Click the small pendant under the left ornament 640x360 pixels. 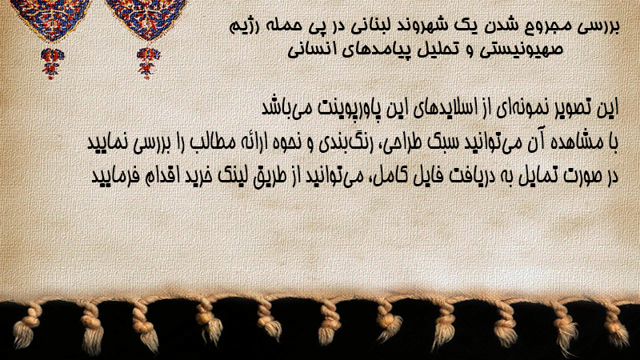point(52,63)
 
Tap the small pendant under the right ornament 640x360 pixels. point(148,63)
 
